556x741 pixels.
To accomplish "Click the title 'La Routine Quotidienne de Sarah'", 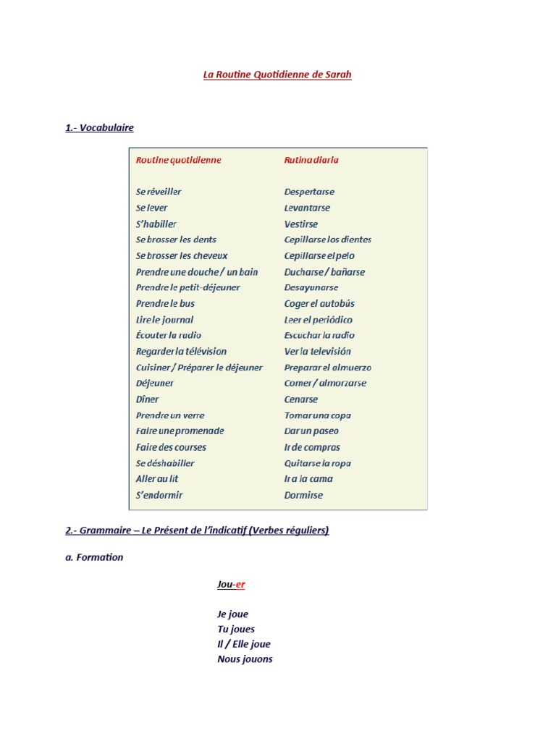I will pyautogui.click(x=277, y=75).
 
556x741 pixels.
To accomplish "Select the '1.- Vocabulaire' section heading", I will pyautogui.click(x=99, y=128).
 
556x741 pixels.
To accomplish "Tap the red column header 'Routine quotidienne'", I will pyautogui.click(x=178, y=160).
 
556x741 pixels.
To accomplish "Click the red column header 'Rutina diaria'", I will pyautogui.click(x=311, y=160).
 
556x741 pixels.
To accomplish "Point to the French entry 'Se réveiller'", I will pyautogui.click(x=159, y=192).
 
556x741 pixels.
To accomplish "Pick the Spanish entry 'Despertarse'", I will pyautogui.click(x=309, y=192).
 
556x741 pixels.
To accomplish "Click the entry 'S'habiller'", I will pyautogui.click(x=156, y=224).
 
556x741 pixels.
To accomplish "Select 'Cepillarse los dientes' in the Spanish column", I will pyautogui.click(x=327, y=240).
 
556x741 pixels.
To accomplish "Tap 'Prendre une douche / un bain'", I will pyautogui.click(x=196, y=272).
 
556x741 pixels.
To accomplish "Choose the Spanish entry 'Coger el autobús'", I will pyautogui.click(x=319, y=304).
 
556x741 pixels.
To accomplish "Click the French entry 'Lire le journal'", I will pyautogui.click(x=164, y=320).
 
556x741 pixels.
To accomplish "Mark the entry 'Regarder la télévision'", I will pyautogui.click(x=181, y=352).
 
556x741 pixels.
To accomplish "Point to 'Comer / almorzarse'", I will pyautogui.click(x=325, y=384).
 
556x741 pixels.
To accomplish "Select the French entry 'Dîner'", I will pyautogui.click(x=147, y=399).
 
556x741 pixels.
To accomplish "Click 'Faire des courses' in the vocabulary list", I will pyautogui.click(x=171, y=447).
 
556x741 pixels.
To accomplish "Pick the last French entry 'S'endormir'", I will pyautogui.click(x=159, y=495).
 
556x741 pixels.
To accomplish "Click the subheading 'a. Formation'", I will pyautogui.click(x=94, y=557).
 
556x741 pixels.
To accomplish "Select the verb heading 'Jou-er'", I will pyautogui.click(x=231, y=584).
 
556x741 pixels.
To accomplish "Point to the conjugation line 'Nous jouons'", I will pyautogui.click(x=245, y=659).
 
